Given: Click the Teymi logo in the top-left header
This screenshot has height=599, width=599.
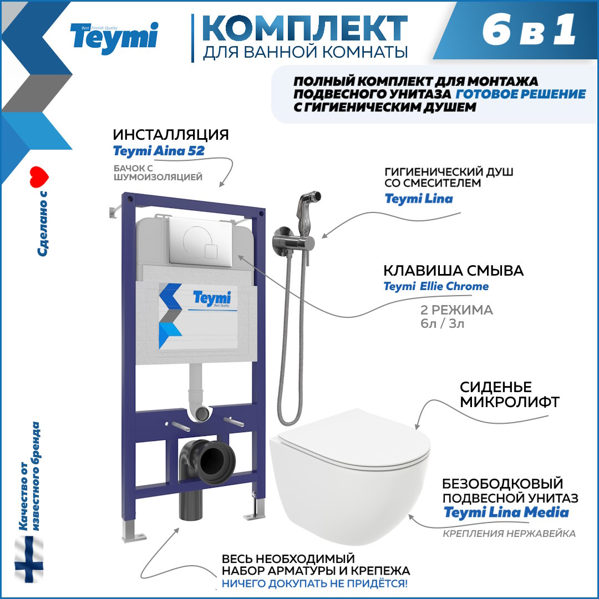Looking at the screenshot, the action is point(114,38).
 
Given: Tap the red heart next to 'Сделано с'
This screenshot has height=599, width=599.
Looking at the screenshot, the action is point(39,177).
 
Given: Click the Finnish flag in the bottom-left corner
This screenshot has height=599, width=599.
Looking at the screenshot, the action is point(29,559).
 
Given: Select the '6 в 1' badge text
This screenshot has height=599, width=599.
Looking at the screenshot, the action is point(529,30).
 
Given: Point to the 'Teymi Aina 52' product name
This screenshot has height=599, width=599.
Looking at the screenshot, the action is point(159,151).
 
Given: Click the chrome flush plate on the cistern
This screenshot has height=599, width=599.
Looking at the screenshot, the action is point(200,241).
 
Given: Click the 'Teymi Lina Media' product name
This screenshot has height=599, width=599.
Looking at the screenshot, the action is point(506,512).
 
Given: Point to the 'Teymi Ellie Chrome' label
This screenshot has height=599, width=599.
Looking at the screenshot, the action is point(436,286).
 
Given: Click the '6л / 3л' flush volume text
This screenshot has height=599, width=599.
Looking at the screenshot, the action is point(443,323).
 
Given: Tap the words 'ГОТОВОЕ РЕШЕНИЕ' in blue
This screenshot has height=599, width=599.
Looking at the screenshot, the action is point(521,94).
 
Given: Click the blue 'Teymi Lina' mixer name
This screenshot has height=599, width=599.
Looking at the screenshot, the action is point(419,199).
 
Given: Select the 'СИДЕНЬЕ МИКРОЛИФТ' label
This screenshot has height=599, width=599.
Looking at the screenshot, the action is point(510,394).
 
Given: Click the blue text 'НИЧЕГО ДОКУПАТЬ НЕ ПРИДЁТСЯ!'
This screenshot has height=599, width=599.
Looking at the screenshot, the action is point(315,583).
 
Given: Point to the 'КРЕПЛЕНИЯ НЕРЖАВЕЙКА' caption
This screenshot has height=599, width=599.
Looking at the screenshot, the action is point(509,534).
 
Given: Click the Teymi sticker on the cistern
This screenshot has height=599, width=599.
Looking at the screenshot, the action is point(198,316).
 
